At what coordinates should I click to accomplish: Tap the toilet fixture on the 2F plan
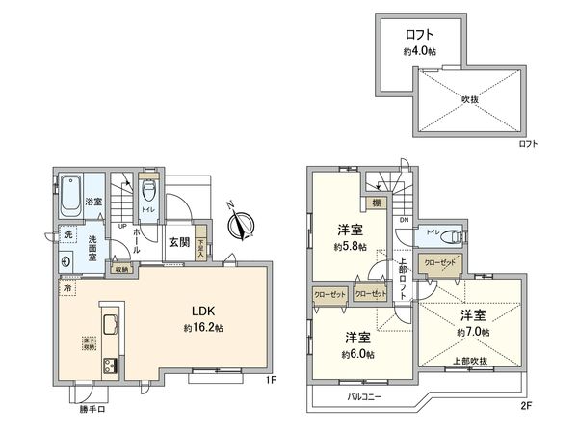point(453,234)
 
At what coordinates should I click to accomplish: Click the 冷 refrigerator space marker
point(67,286)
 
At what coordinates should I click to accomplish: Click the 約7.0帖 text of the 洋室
point(473,331)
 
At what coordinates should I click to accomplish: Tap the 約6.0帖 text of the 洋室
point(357,354)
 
